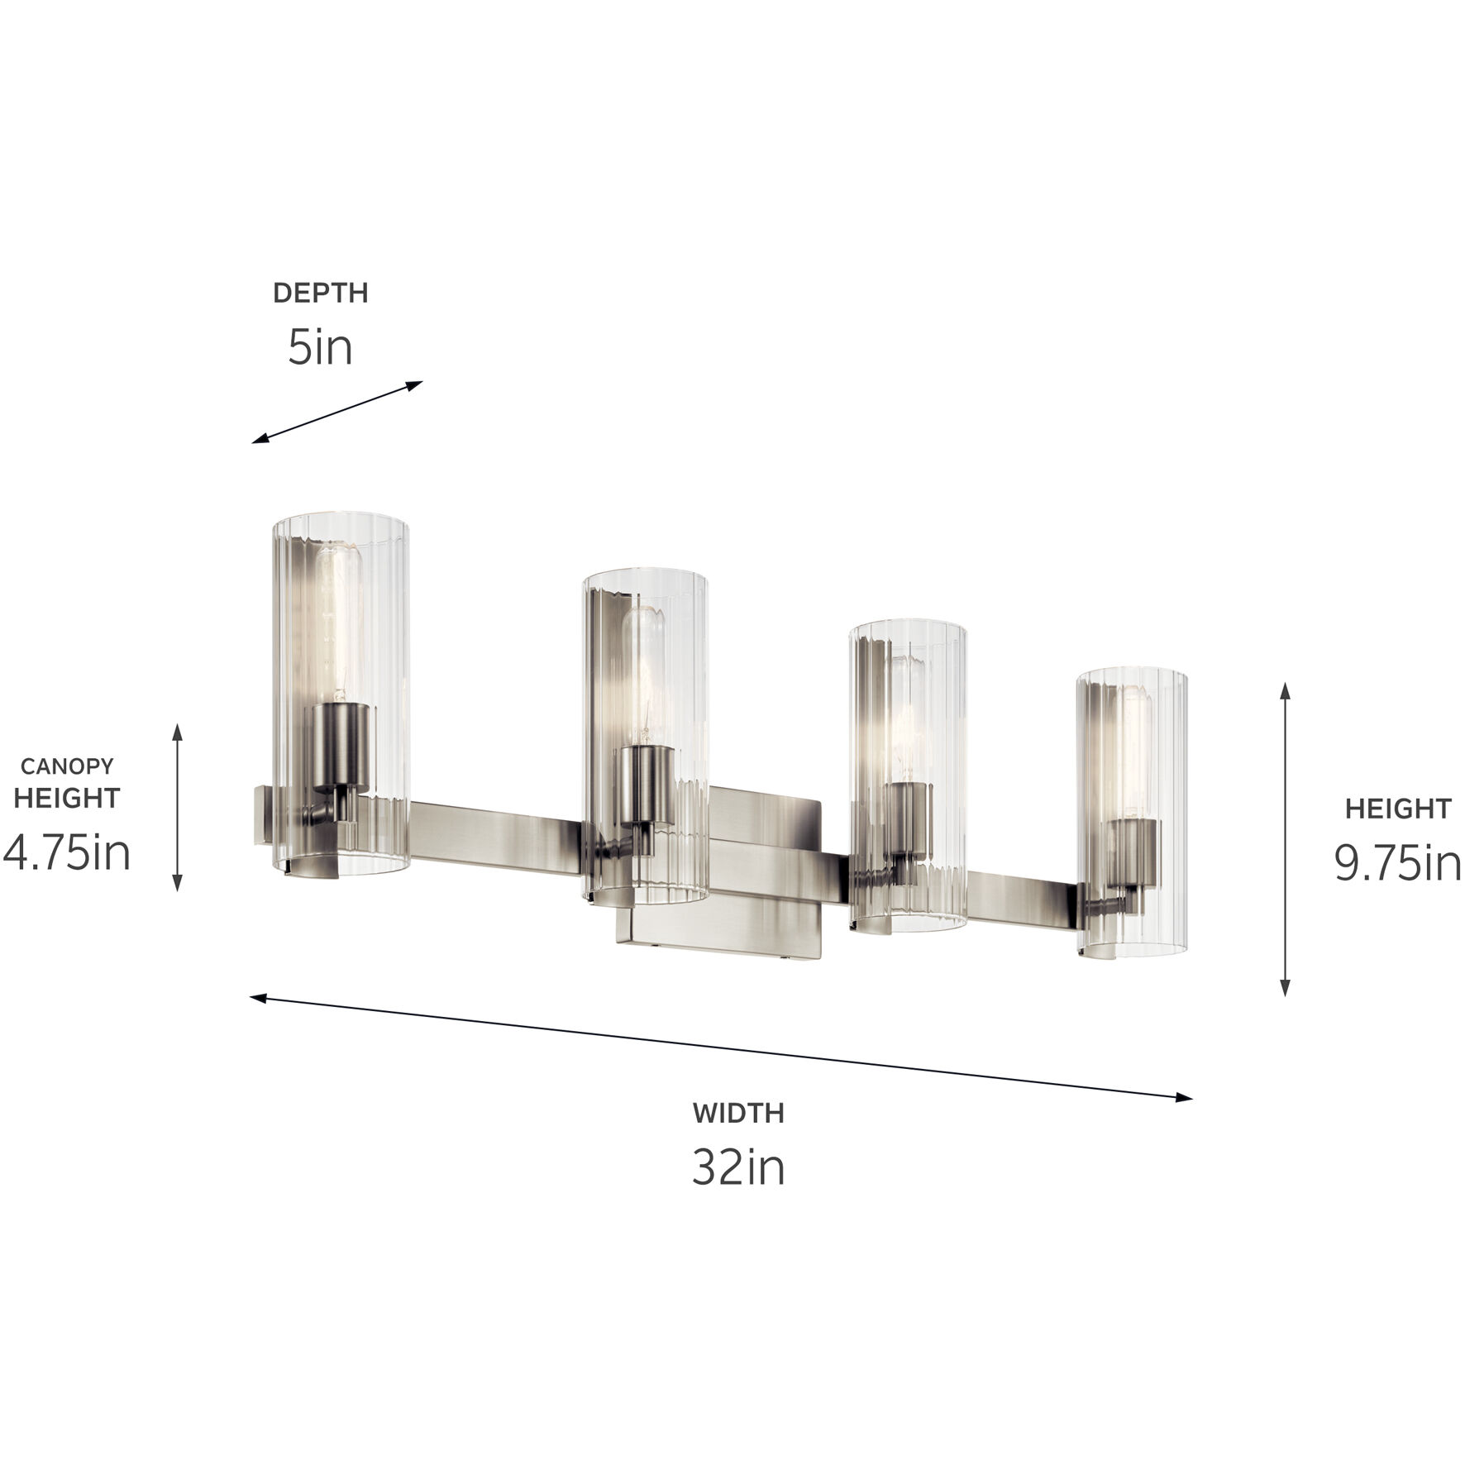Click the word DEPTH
(x=320, y=293)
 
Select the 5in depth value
(x=320, y=347)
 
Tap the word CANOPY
(x=67, y=766)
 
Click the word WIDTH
(x=738, y=1113)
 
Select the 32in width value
(x=738, y=1167)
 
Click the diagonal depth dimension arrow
(x=337, y=412)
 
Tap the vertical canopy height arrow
(x=177, y=806)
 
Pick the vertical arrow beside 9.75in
(x=1285, y=838)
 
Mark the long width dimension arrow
(x=721, y=1047)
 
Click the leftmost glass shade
(x=341, y=628)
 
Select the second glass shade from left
(x=645, y=661)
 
